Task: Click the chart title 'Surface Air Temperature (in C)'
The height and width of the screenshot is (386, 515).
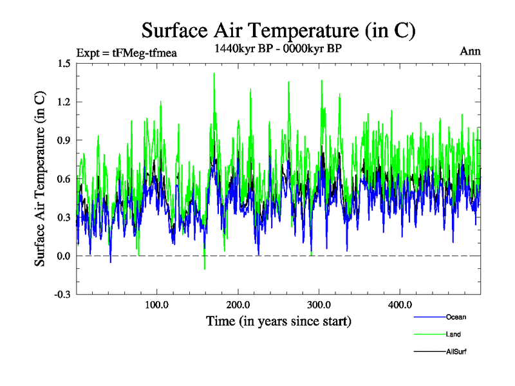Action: [x=278, y=31]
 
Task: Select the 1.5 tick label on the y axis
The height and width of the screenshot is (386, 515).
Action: [x=63, y=63]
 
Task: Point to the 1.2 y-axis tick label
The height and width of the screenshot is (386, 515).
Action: [x=63, y=102]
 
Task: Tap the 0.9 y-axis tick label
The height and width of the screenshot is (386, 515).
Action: [x=63, y=140]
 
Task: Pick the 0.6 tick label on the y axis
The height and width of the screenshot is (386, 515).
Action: [x=63, y=179]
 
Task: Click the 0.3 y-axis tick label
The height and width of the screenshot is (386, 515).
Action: [x=63, y=217]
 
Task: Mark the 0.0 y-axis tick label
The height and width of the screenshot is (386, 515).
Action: [x=63, y=256]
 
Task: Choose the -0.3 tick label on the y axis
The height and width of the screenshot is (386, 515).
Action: [x=62, y=295]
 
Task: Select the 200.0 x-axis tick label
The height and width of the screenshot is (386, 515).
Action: [x=238, y=305]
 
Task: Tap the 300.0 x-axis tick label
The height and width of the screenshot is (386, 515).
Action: [x=319, y=305]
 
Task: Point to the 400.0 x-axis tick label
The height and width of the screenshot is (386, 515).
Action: [x=400, y=305]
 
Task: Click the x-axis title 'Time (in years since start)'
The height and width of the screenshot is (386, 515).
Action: [x=278, y=320]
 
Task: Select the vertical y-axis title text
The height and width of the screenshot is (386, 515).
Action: [x=40, y=179]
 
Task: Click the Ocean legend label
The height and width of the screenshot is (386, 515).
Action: [x=456, y=317]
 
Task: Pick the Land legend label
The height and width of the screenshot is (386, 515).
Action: [x=453, y=335]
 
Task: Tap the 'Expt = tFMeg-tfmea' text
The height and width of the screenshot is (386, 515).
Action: [x=126, y=52]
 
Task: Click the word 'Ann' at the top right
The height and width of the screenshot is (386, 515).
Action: [x=470, y=51]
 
